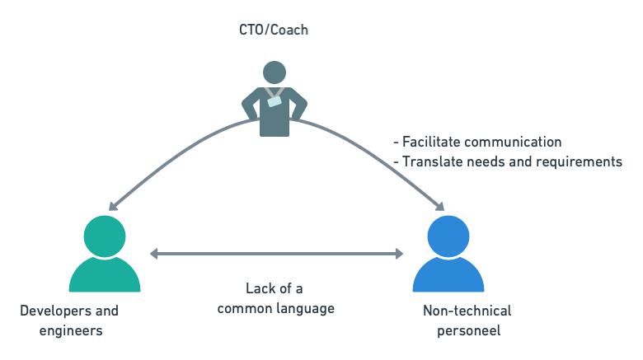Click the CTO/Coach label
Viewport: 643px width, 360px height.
click(274, 30)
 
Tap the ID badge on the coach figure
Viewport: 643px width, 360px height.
click(274, 101)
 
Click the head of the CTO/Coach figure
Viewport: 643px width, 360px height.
click(274, 72)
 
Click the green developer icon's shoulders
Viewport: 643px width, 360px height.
click(105, 276)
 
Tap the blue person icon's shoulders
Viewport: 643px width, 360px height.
click(448, 276)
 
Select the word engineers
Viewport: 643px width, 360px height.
click(71, 330)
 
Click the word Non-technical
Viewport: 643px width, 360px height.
click(467, 311)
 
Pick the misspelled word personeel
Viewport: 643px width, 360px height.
click(467, 330)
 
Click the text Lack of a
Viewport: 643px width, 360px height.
click(275, 288)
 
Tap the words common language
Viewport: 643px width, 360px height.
click(275, 308)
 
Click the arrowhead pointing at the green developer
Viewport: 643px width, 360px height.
click(112, 208)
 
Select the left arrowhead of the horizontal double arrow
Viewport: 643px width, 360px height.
click(154, 254)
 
